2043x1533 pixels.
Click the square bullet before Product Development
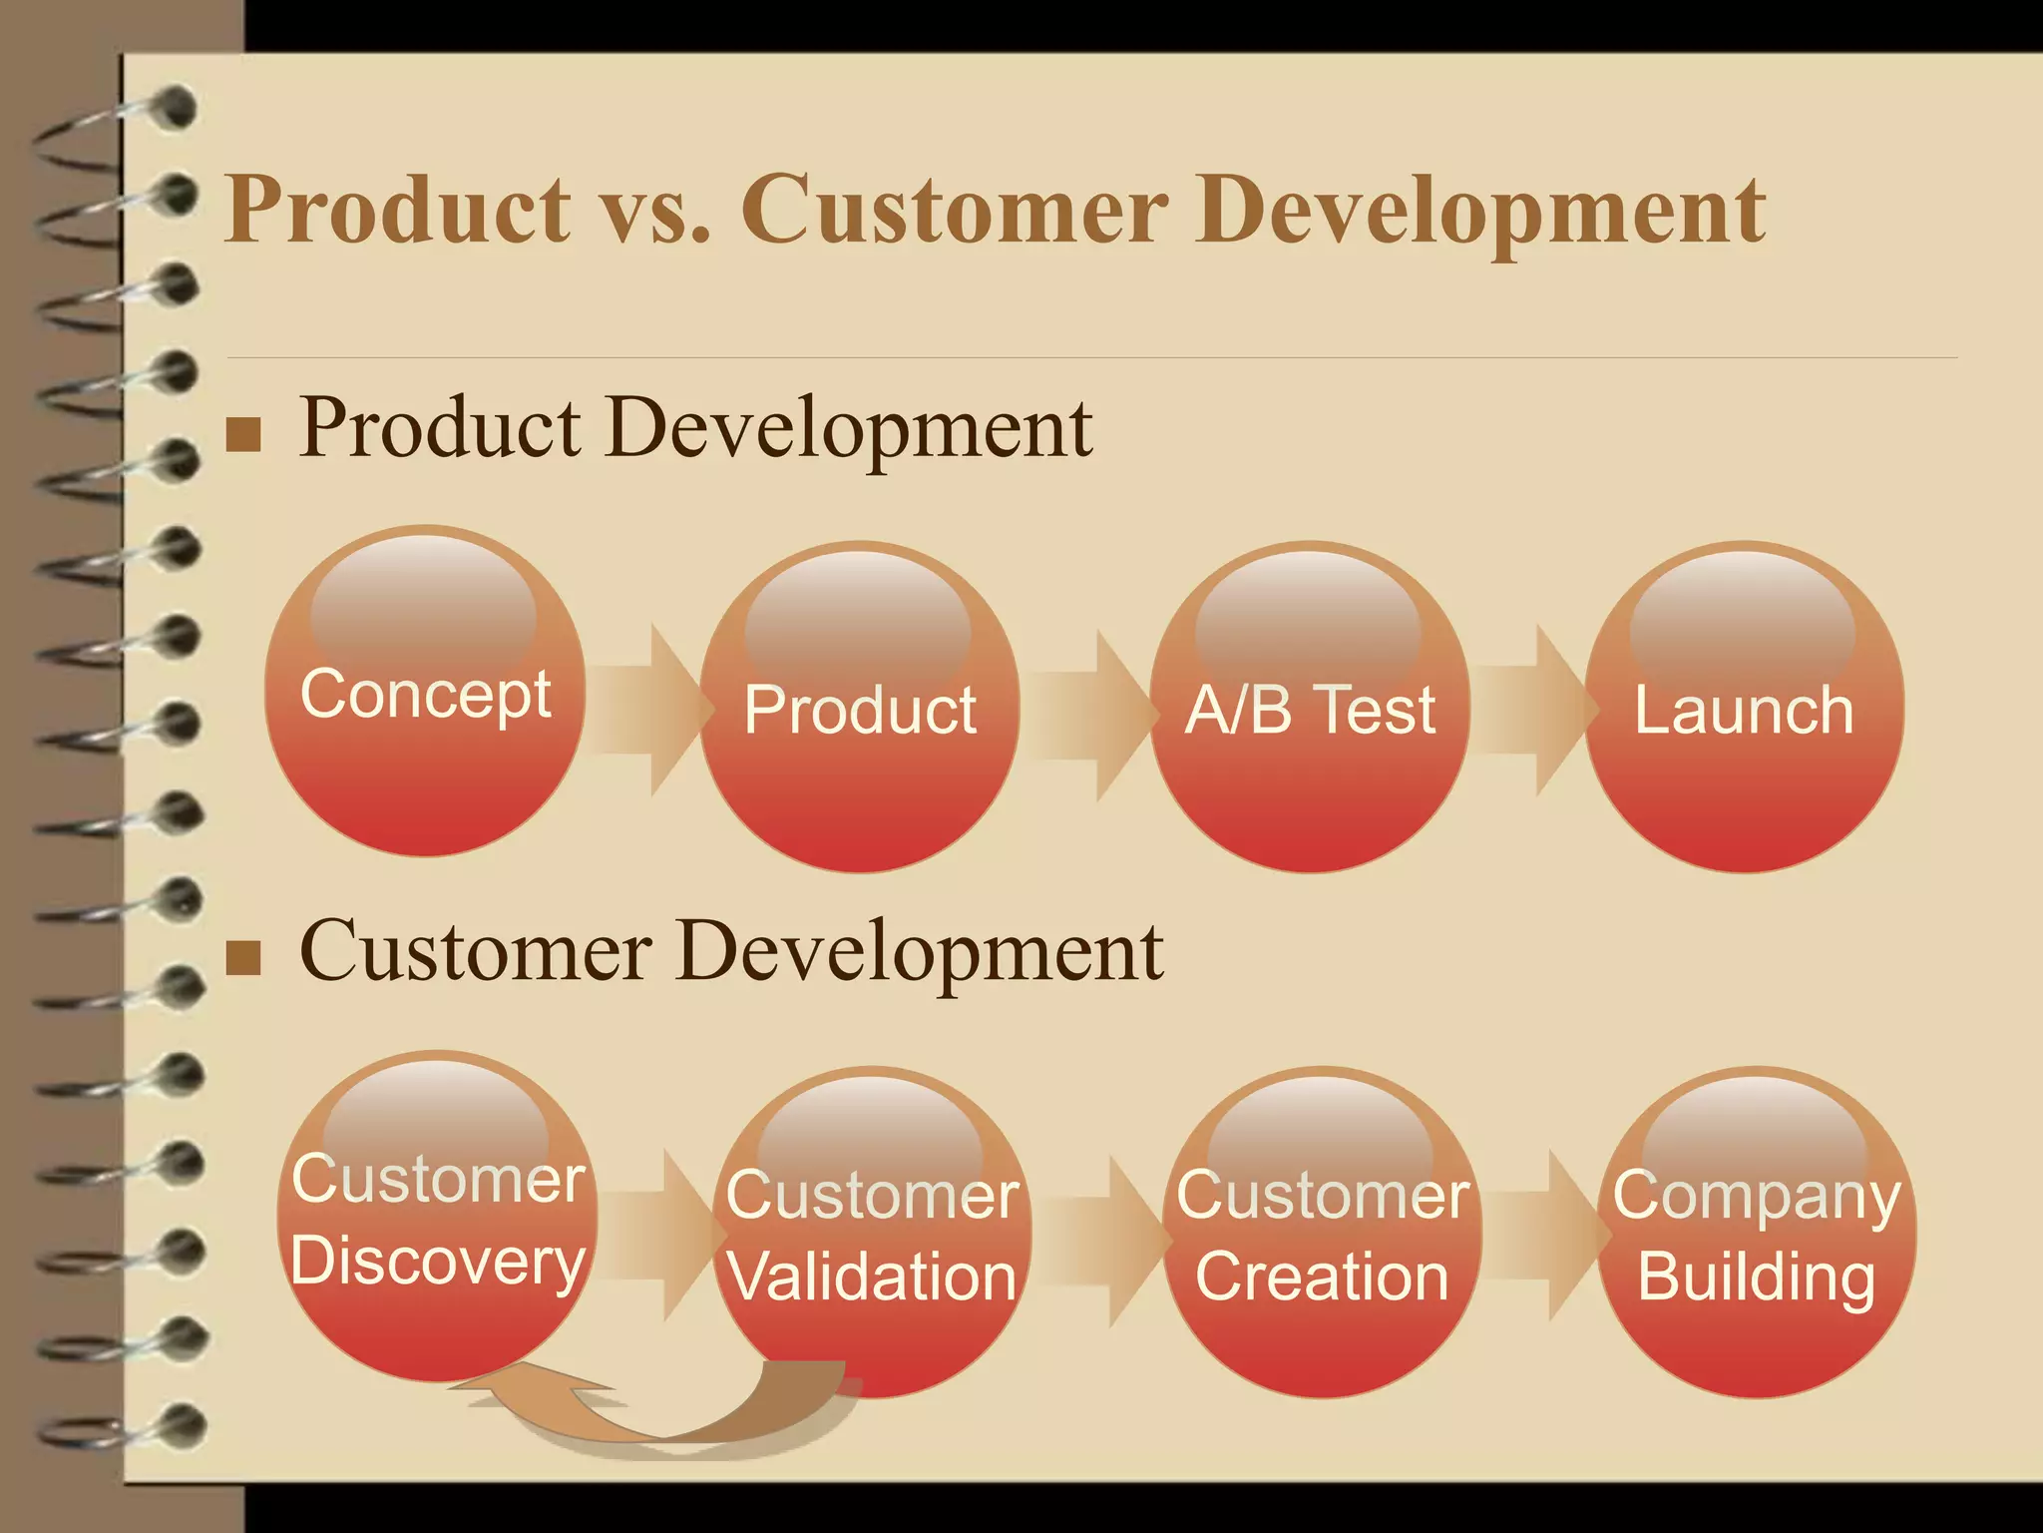(x=243, y=434)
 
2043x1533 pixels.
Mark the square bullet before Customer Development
(x=243, y=957)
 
